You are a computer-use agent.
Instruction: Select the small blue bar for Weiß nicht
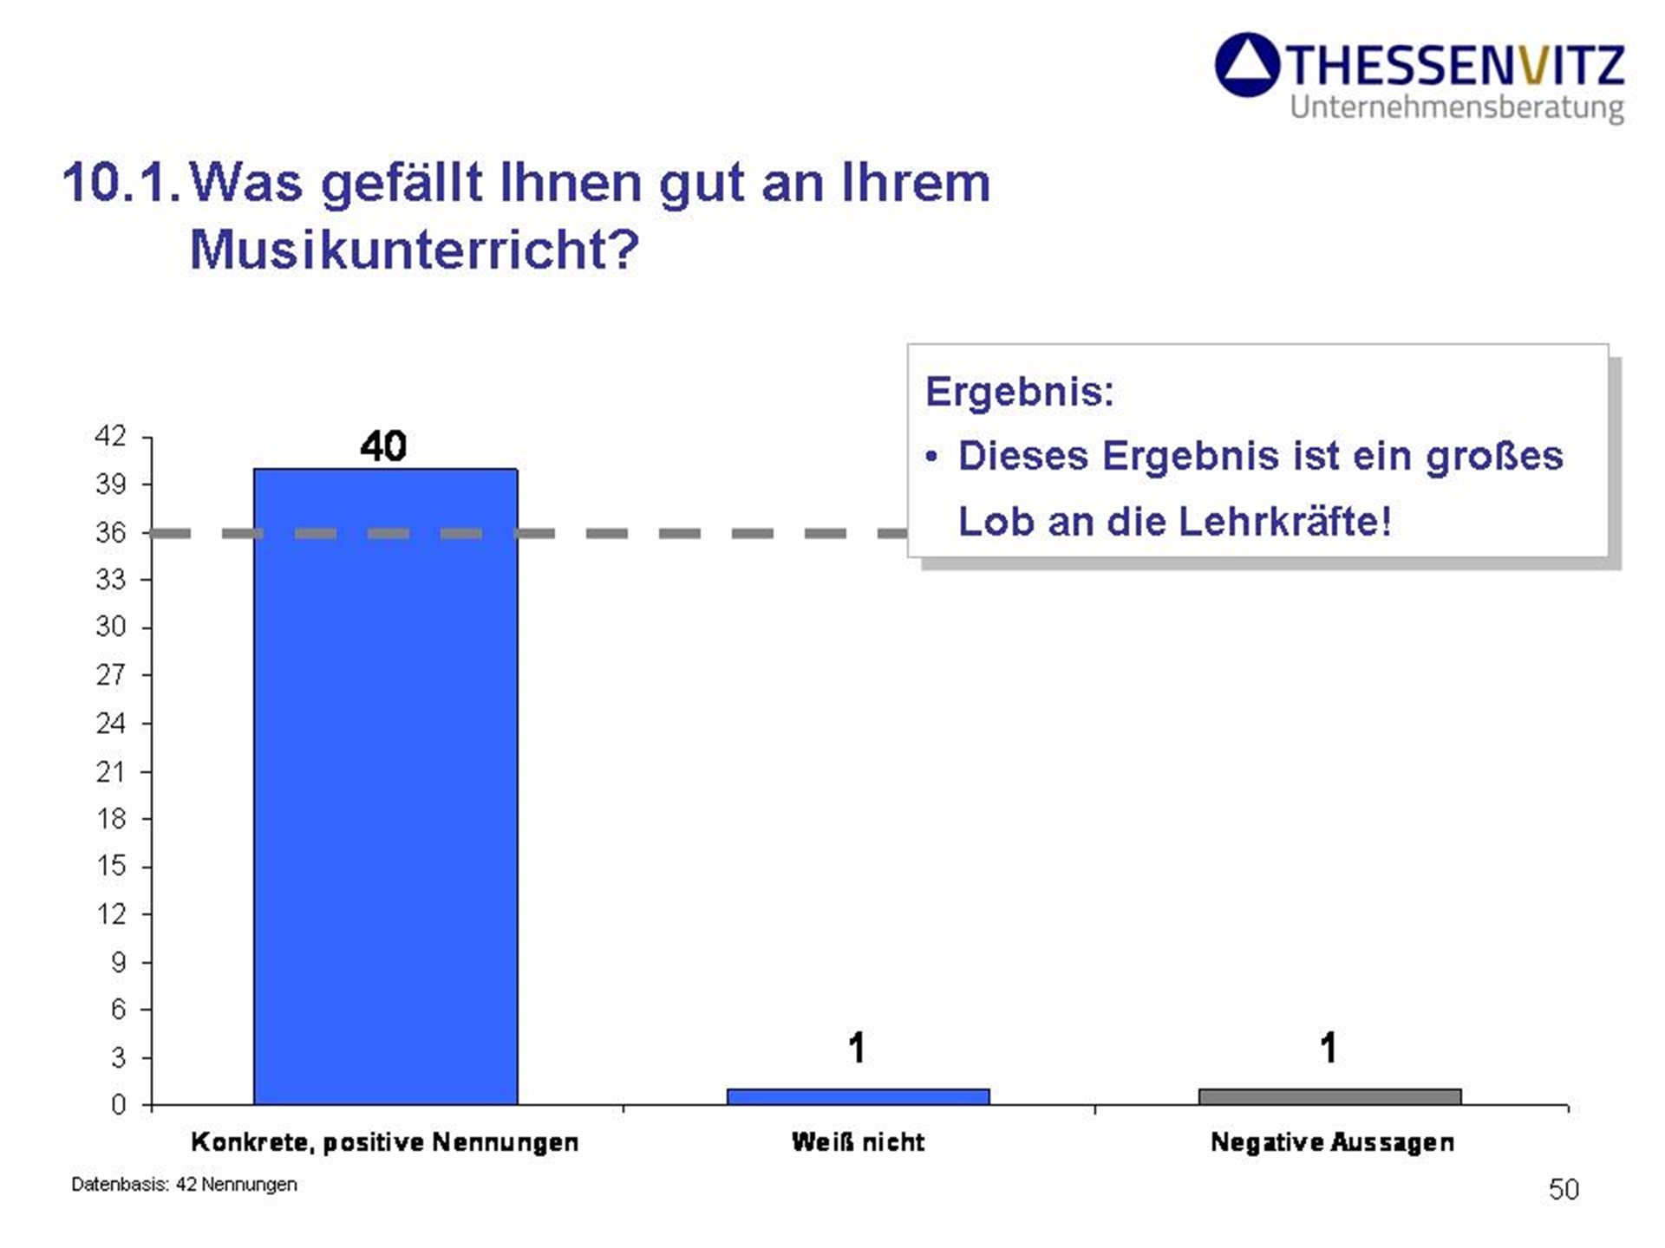pos(858,1096)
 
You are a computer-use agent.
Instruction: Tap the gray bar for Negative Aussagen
pos(1329,1096)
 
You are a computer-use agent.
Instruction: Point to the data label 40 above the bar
pos(383,446)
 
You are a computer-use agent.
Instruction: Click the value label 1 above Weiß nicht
pos(857,1048)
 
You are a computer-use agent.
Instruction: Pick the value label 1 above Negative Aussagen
pos(1329,1048)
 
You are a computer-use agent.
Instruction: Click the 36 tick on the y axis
pos(111,532)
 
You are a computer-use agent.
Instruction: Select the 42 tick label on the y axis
pos(111,436)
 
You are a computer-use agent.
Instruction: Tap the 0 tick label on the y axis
pos(118,1105)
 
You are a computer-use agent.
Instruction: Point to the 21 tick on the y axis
pos(111,771)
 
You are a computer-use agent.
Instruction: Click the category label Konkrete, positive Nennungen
pos(385,1142)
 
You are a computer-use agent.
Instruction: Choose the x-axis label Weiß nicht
pos(858,1142)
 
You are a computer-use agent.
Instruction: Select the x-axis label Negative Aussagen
pos(1332,1142)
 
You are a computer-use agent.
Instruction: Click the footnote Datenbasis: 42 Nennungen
pos(184,1185)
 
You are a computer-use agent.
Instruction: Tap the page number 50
pos(1564,1189)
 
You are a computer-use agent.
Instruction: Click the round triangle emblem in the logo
pos(1247,65)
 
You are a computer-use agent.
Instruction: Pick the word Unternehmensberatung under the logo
pos(1457,107)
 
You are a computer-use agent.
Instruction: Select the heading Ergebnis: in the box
pos(1019,392)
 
